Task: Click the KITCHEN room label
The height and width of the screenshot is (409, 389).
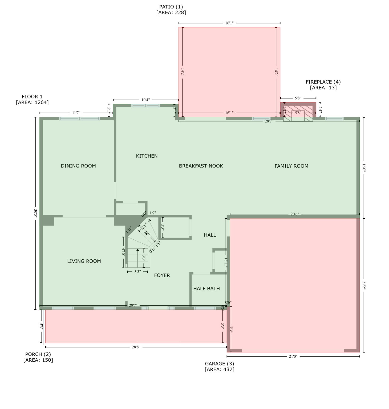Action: point(147,156)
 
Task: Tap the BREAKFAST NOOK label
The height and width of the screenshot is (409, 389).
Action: point(201,166)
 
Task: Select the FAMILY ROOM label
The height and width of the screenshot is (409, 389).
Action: point(291,166)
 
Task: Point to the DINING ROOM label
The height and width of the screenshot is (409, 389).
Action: point(78,166)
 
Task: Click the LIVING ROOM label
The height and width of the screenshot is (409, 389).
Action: point(84,261)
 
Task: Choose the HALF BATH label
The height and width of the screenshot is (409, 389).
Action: point(206,288)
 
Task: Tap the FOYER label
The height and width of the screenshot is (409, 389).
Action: point(162,275)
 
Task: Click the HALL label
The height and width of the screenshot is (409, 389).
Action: point(210,235)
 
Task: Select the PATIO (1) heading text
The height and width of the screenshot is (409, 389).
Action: point(171,7)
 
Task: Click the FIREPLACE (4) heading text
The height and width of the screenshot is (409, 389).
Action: point(323,82)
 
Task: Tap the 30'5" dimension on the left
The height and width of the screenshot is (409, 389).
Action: point(35,213)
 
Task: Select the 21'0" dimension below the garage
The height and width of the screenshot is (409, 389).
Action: point(293,357)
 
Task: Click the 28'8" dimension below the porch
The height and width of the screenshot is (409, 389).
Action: point(136,347)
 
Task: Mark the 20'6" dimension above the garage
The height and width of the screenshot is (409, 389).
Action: point(294,214)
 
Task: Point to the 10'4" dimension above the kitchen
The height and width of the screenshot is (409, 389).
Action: point(145,100)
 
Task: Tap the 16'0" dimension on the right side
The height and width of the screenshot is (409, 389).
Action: point(364,167)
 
